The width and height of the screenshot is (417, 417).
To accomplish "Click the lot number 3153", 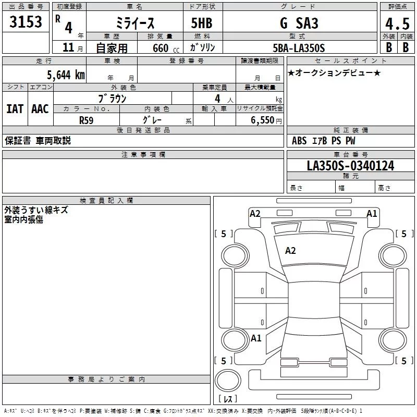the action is coord(26,22).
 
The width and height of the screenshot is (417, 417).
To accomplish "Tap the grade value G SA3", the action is coord(299,23).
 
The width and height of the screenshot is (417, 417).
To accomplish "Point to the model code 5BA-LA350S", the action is coord(300,48).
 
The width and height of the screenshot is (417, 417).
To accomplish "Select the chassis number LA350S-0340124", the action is coord(350,166).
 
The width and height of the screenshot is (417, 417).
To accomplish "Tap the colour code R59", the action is coord(87,120).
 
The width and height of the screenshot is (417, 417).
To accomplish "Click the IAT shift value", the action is coord(15,108).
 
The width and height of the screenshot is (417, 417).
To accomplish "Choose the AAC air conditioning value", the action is coord(40,108).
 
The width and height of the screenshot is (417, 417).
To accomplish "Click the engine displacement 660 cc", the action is coord(158,48).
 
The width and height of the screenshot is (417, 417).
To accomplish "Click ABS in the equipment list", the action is coord(299,141).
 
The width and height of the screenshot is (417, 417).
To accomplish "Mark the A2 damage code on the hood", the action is coord(290,251).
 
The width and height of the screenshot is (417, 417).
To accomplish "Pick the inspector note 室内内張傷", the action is coord(23,219).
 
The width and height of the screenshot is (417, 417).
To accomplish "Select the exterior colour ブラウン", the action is coord(112,97).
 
